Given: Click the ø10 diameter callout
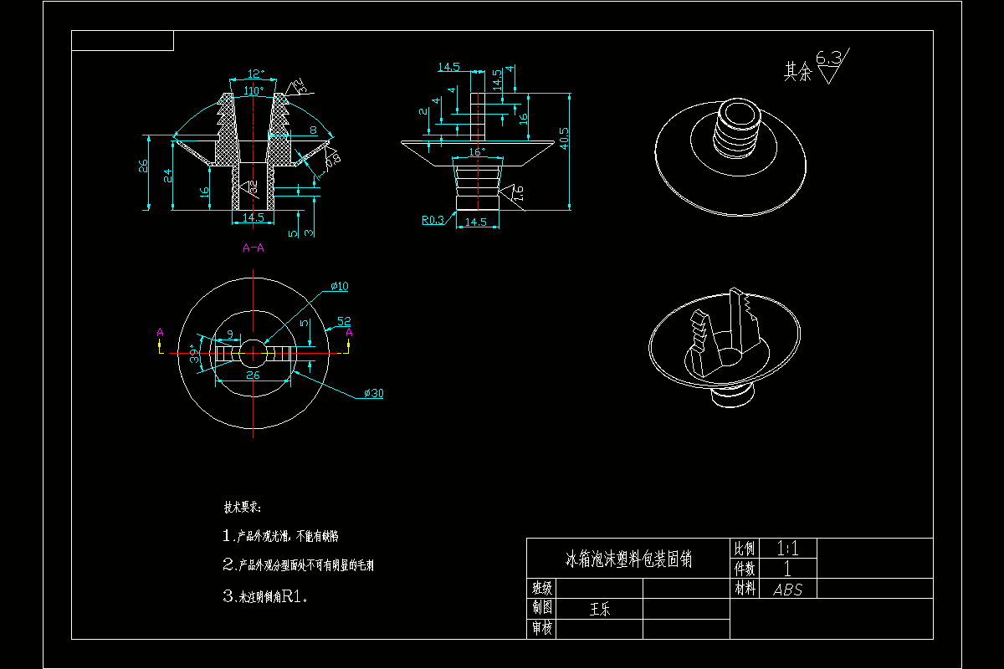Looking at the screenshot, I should pyautogui.click(x=340, y=287).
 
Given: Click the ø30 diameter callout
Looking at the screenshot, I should pyautogui.click(x=373, y=393).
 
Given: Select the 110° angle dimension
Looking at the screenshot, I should pyautogui.click(x=254, y=90).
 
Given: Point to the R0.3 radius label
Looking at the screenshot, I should pyautogui.click(x=433, y=221).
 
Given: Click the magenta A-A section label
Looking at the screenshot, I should pyautogui.click(x=254, y=248).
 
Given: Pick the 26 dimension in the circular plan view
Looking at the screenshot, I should pyautogui.click(x=253, y=376).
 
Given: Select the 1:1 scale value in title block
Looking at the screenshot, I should pyautogui.click(x=787, y=549).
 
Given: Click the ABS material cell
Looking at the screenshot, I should pyautogui.click(x=787, y=589).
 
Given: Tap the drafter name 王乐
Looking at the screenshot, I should pyautogui.click(x=600, y=609).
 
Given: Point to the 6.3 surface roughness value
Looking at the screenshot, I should pyautogui.click(x=828, y=58).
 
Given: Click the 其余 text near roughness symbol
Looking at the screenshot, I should pyautogui.click(x=797, y=73).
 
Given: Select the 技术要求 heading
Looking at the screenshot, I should pyautogui.click(x=242, y=508).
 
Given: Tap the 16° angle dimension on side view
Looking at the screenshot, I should pyautogui.click(x=476, y=152).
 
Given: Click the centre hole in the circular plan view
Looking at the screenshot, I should pyautogui.click(x=253, y=353).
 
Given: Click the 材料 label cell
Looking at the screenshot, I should pyautogui.click(x=744, y=589).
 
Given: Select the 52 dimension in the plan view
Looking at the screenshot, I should pyautogui.click(x=343, y=321).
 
